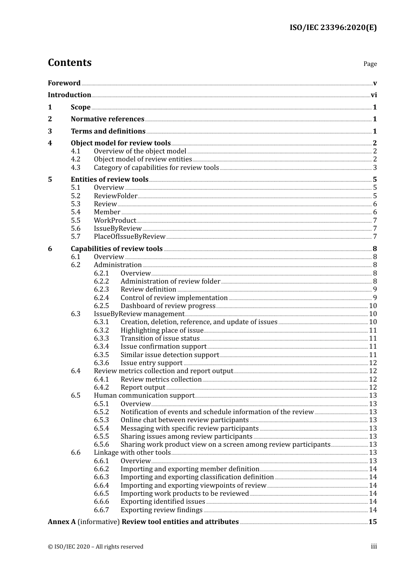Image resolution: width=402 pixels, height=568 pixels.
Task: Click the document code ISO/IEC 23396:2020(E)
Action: coord(333,28)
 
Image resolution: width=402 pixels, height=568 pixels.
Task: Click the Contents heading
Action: coord(69,63)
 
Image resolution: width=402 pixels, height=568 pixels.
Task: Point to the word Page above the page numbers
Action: coord(370,64)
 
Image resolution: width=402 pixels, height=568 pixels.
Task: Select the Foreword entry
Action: coord(64,83)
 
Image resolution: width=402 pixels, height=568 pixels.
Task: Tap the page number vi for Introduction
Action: coord(374,95)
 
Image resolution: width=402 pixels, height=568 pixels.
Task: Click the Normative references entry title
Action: coord(107,119)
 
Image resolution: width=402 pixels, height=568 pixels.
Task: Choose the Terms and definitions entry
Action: coord(108,131)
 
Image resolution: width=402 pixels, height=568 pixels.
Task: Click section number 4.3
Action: coord(75,168)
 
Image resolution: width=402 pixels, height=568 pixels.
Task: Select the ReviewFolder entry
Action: coord(116,196)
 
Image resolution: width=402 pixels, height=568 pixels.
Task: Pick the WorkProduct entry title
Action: coord(115,221)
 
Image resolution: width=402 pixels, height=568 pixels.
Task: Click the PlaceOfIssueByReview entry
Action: coord(129,237)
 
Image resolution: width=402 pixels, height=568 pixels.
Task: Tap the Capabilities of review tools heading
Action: coord(116,249)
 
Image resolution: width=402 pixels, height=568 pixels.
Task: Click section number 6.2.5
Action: coord(101,306)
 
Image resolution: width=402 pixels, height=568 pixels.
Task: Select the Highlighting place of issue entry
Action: coord(162,330)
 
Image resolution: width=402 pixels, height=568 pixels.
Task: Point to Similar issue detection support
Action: coord(170,355)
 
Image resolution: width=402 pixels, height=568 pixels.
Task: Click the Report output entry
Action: coord(143,388)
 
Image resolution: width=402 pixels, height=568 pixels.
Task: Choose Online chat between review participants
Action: coord(184,420)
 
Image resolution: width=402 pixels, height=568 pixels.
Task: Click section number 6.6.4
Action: coord(101,486)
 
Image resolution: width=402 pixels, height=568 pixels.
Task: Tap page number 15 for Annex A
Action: coord(372,522)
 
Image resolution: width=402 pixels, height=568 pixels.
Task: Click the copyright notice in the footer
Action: coord(96,547)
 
